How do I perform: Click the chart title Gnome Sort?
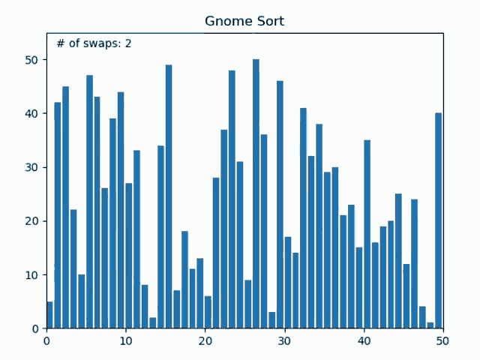(244, 21)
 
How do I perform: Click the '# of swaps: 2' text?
(94, 43)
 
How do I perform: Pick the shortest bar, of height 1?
(430, 325)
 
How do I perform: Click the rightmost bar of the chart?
(438, 220)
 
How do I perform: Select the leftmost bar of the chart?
(49, 315)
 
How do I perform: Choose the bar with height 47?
(89, 202)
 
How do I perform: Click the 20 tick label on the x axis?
(205, 340)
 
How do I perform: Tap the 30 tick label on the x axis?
(284, 340)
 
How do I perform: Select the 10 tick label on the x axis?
(126, 340)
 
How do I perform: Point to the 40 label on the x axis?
(364, 340)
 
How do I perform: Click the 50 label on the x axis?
(443, 340)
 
